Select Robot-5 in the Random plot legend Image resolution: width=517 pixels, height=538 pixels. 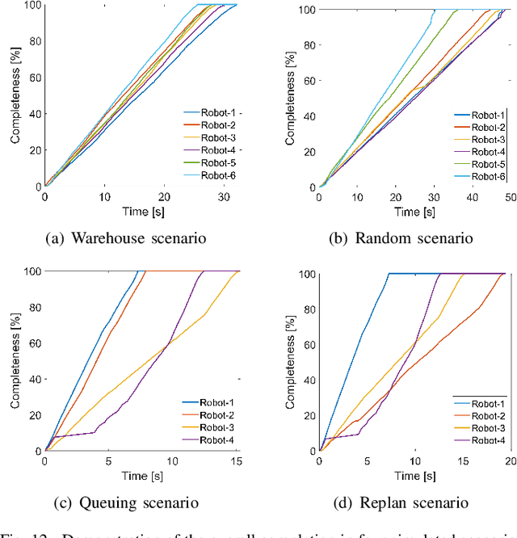[x=489, y=164]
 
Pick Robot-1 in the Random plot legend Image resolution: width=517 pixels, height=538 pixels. [x=489, y=116]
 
